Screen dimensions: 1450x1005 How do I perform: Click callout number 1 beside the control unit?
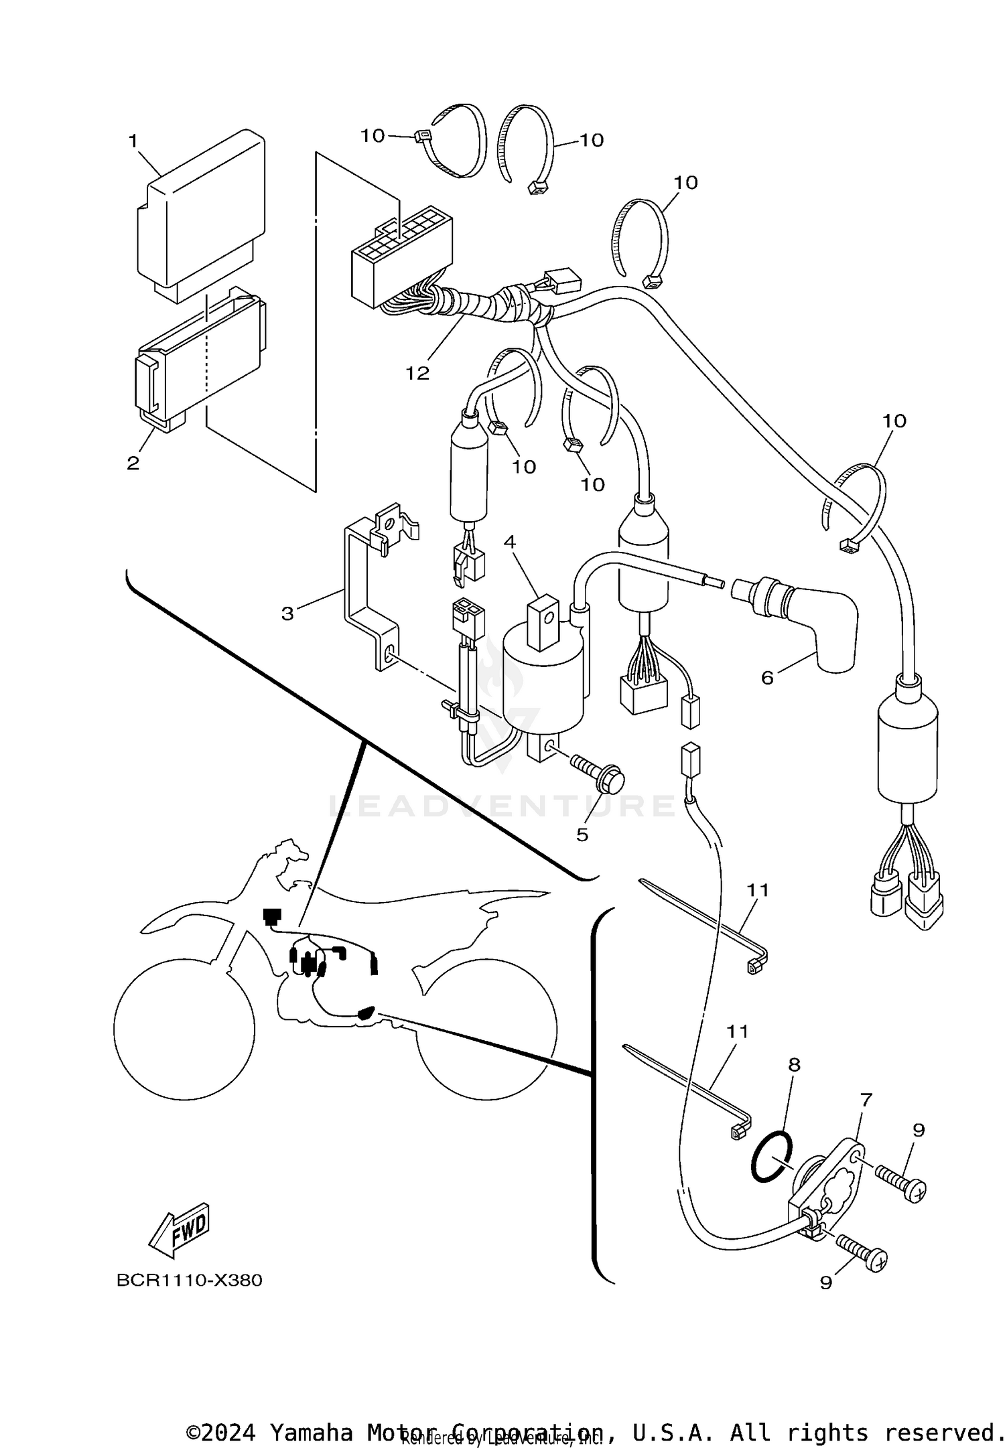133,141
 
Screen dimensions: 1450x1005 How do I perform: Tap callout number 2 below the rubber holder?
133,463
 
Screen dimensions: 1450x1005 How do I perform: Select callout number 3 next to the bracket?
287,613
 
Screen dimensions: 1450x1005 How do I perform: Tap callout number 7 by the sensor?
866,1100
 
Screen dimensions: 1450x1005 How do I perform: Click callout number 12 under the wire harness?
417,373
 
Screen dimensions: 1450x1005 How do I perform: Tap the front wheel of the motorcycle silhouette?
184,1028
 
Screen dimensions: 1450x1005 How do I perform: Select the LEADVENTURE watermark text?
503,806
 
